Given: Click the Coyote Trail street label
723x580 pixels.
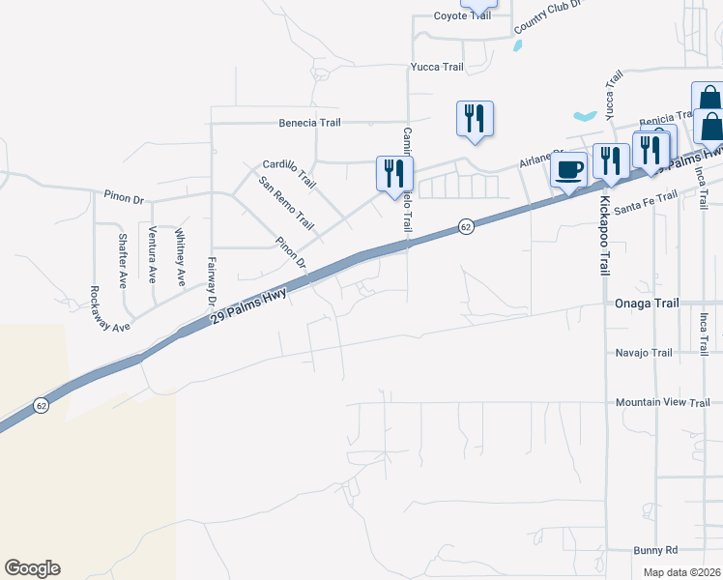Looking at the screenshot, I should point(448,15).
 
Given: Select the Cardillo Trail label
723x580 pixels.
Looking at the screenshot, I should point(290,173).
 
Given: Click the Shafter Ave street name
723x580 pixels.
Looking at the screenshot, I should point(123,260).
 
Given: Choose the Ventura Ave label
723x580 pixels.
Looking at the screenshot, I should point(153,254).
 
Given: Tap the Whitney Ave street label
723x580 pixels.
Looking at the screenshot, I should point(180,257).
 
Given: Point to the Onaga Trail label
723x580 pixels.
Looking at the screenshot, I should point(648,304).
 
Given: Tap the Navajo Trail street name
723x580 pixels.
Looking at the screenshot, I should point(644,353).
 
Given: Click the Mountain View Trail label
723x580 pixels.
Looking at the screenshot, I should point(663,402).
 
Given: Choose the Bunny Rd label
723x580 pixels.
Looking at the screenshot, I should point(655,550).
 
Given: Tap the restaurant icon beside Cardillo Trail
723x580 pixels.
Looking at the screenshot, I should point(394,174).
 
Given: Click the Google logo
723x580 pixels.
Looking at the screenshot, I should point(32,568).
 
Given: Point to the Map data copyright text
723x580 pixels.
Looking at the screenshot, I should point(681,572).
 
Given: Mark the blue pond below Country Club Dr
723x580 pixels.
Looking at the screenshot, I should point(585,116).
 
